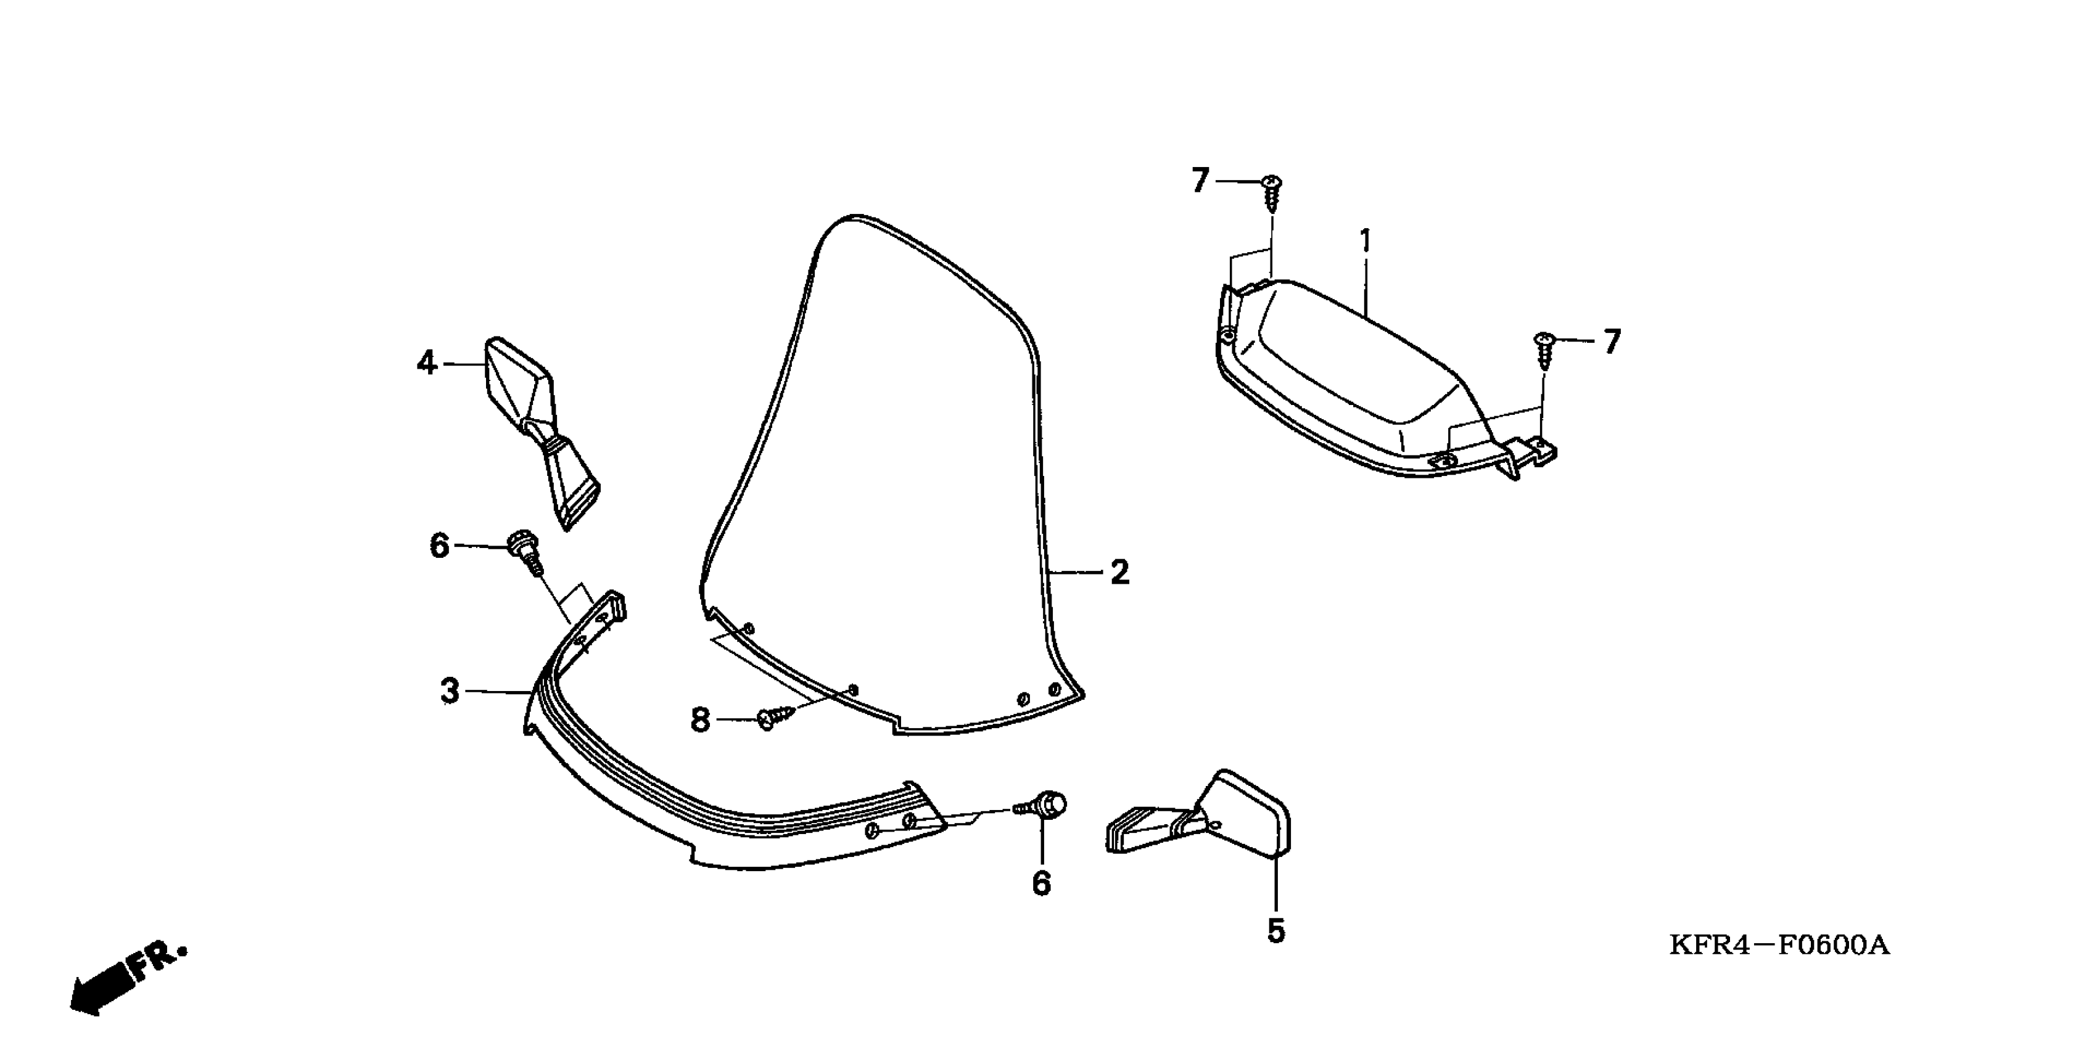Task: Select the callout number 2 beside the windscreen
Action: click(1120, 573)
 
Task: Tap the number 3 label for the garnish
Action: click(450, 692)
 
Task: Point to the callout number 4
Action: click(427, 363)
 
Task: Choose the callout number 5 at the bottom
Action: click(1275, 931)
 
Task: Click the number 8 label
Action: click(700, 720)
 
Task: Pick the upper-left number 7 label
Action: click(1200, 181)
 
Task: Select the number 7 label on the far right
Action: click(1612, 342)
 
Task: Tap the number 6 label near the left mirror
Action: click(439, 546)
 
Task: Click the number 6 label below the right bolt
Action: click(1041, 883)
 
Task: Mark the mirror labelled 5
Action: click(1205, 817)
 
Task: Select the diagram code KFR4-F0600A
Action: click(1779, 946)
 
